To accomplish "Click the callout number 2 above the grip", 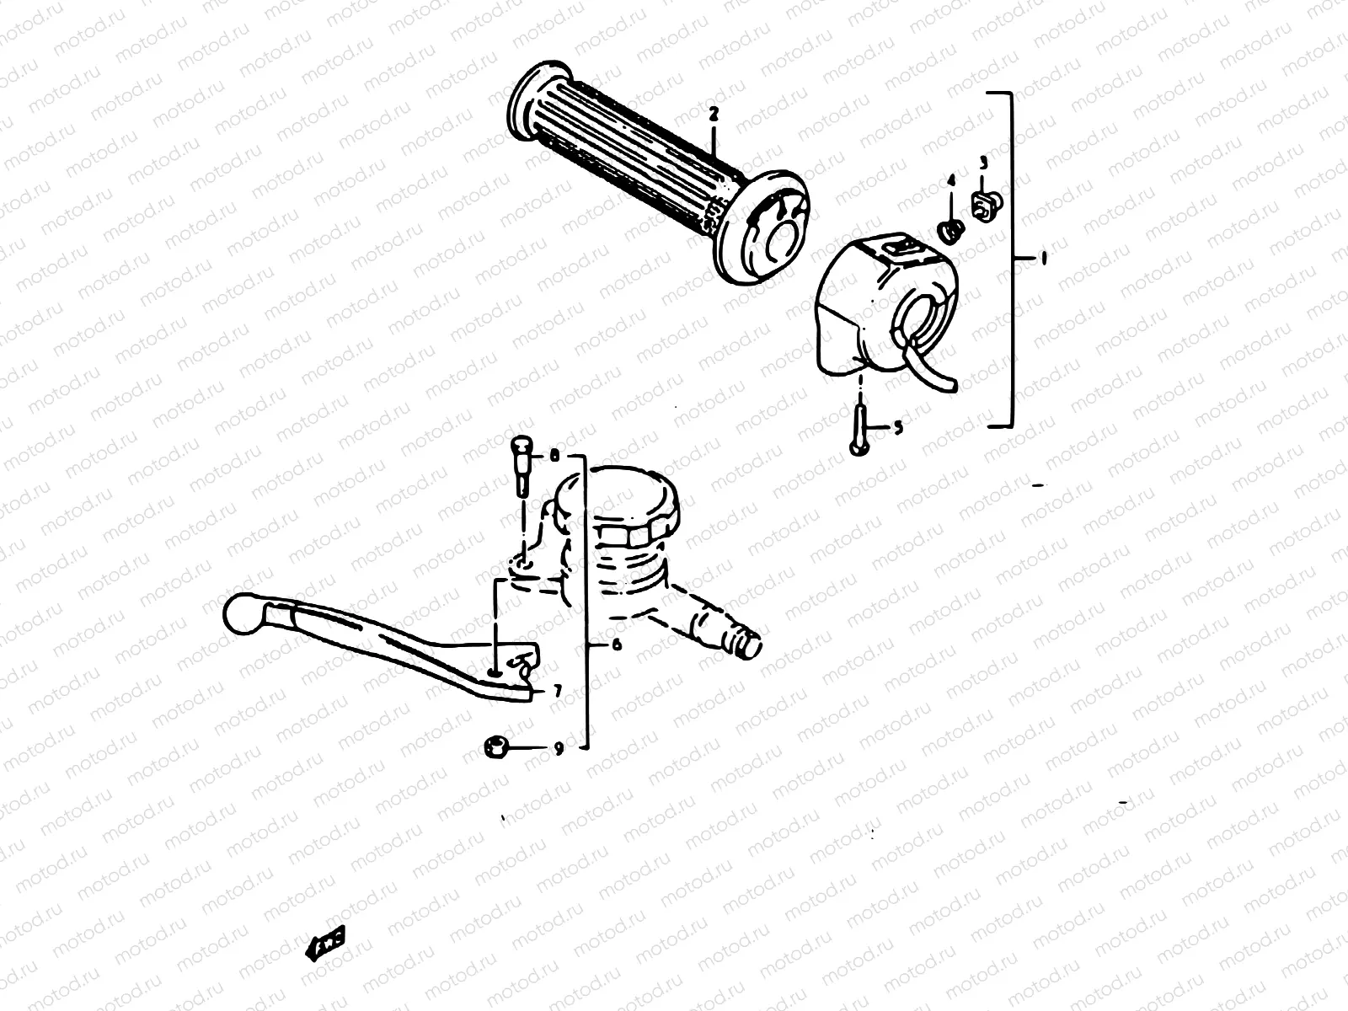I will [x=713, y=111].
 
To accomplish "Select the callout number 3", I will [x=983, y=162].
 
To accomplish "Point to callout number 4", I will [x=951, y=180].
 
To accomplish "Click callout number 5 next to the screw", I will [x=897, y=428].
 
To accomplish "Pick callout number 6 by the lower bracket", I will [x=616, y=645].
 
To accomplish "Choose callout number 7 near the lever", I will [x=557, y=691].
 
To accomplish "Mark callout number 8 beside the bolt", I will [x=554, y=457].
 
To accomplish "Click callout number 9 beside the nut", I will [x=557, y=747].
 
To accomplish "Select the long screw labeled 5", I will [x=858, y=428].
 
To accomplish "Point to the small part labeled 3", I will [x=983, y=202].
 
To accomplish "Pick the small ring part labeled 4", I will [x=951, y=229].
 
